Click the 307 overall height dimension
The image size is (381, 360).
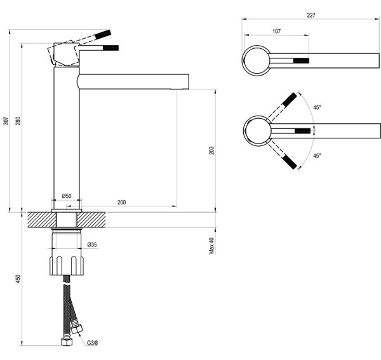coord(6,121)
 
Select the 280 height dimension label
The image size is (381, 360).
coord(18,121)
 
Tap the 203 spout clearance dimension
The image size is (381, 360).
coord(211,150)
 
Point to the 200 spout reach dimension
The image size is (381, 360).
coord(121,202)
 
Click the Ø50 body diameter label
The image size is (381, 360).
coord(67,196)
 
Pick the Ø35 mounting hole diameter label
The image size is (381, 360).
coord(92,244)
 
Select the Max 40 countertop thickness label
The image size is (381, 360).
coord(211,246)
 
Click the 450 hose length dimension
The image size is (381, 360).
coord(18,279)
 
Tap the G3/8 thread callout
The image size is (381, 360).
coord(92,343)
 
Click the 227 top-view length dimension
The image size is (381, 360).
coord(311,15)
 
